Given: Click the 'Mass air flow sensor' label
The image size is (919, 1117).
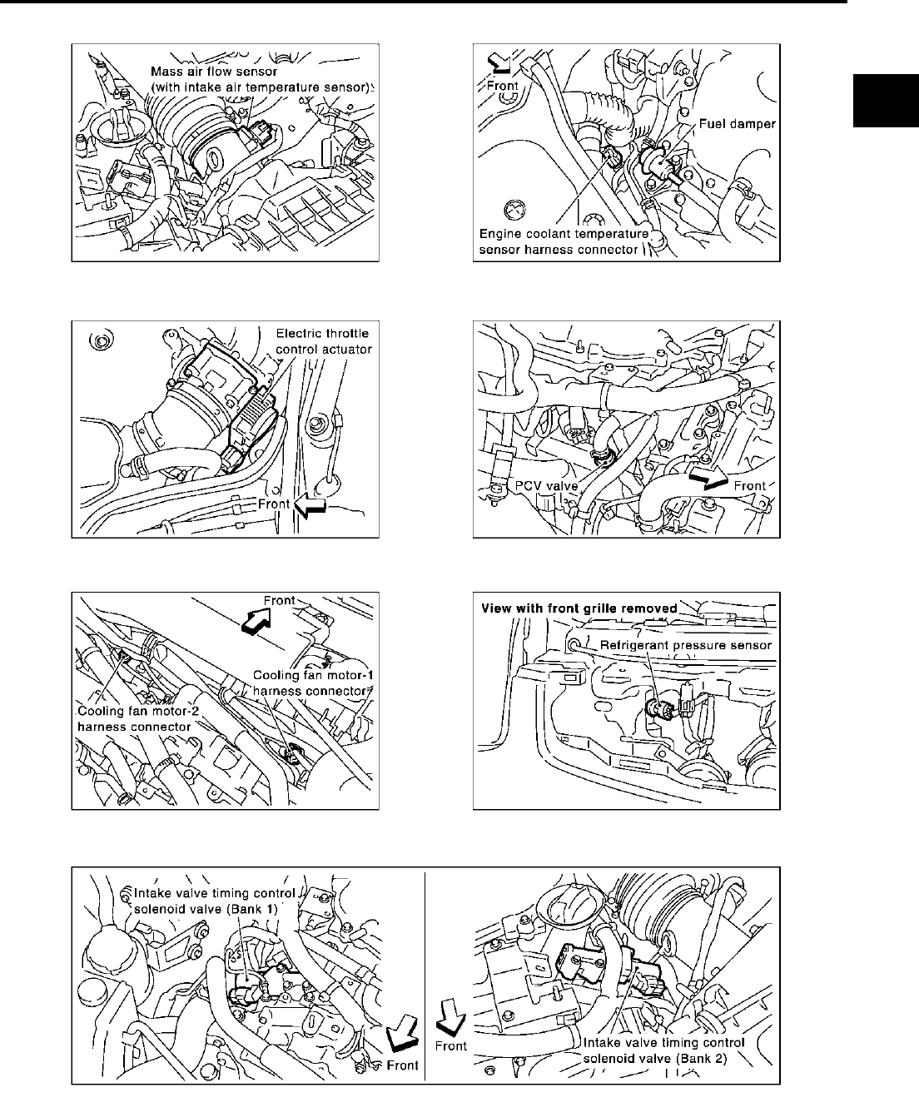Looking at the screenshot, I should coord(262,79).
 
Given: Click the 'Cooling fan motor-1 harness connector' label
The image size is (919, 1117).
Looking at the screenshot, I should coord(309,682).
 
